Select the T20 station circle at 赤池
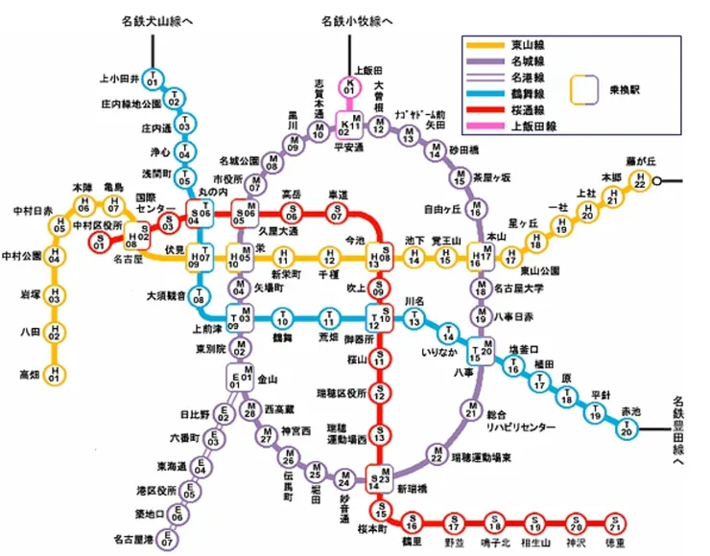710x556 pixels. tap(627, 430)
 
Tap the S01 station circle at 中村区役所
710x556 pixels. tap(98, 243)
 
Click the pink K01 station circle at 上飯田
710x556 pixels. tap(350, 88)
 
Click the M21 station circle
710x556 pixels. tap(471, 410)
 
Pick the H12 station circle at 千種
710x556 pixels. tap(329, 257)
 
